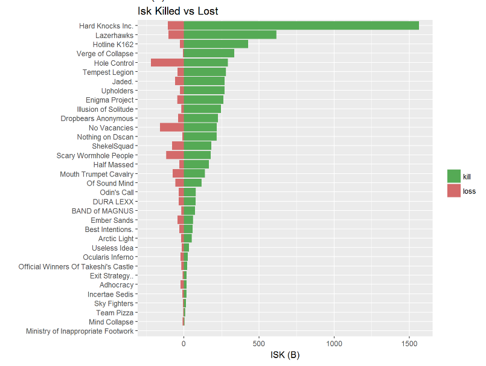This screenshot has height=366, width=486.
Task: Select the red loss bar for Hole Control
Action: [167, 63]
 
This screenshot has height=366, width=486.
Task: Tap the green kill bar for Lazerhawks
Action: [229, 35]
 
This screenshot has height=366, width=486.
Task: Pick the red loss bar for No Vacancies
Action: [171, 127]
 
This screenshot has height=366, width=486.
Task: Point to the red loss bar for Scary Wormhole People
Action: [174, 155]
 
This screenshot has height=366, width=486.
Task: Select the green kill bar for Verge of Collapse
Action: [208, 53]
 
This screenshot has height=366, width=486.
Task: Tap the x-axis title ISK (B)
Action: [285, 355]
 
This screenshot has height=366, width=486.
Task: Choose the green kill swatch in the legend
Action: [453, 176]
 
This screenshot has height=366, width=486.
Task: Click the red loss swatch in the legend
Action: [453, 191]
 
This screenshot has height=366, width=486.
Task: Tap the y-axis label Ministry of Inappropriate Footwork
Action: [80, 331]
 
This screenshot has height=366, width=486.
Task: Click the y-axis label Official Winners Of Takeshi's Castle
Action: [76, 266]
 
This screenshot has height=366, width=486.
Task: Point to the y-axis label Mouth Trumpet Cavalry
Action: [97, 174]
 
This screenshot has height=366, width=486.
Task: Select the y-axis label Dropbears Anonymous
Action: [97, 118]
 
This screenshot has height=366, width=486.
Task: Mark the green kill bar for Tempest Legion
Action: [205, 72]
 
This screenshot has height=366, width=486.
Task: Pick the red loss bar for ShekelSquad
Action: [177, 146]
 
